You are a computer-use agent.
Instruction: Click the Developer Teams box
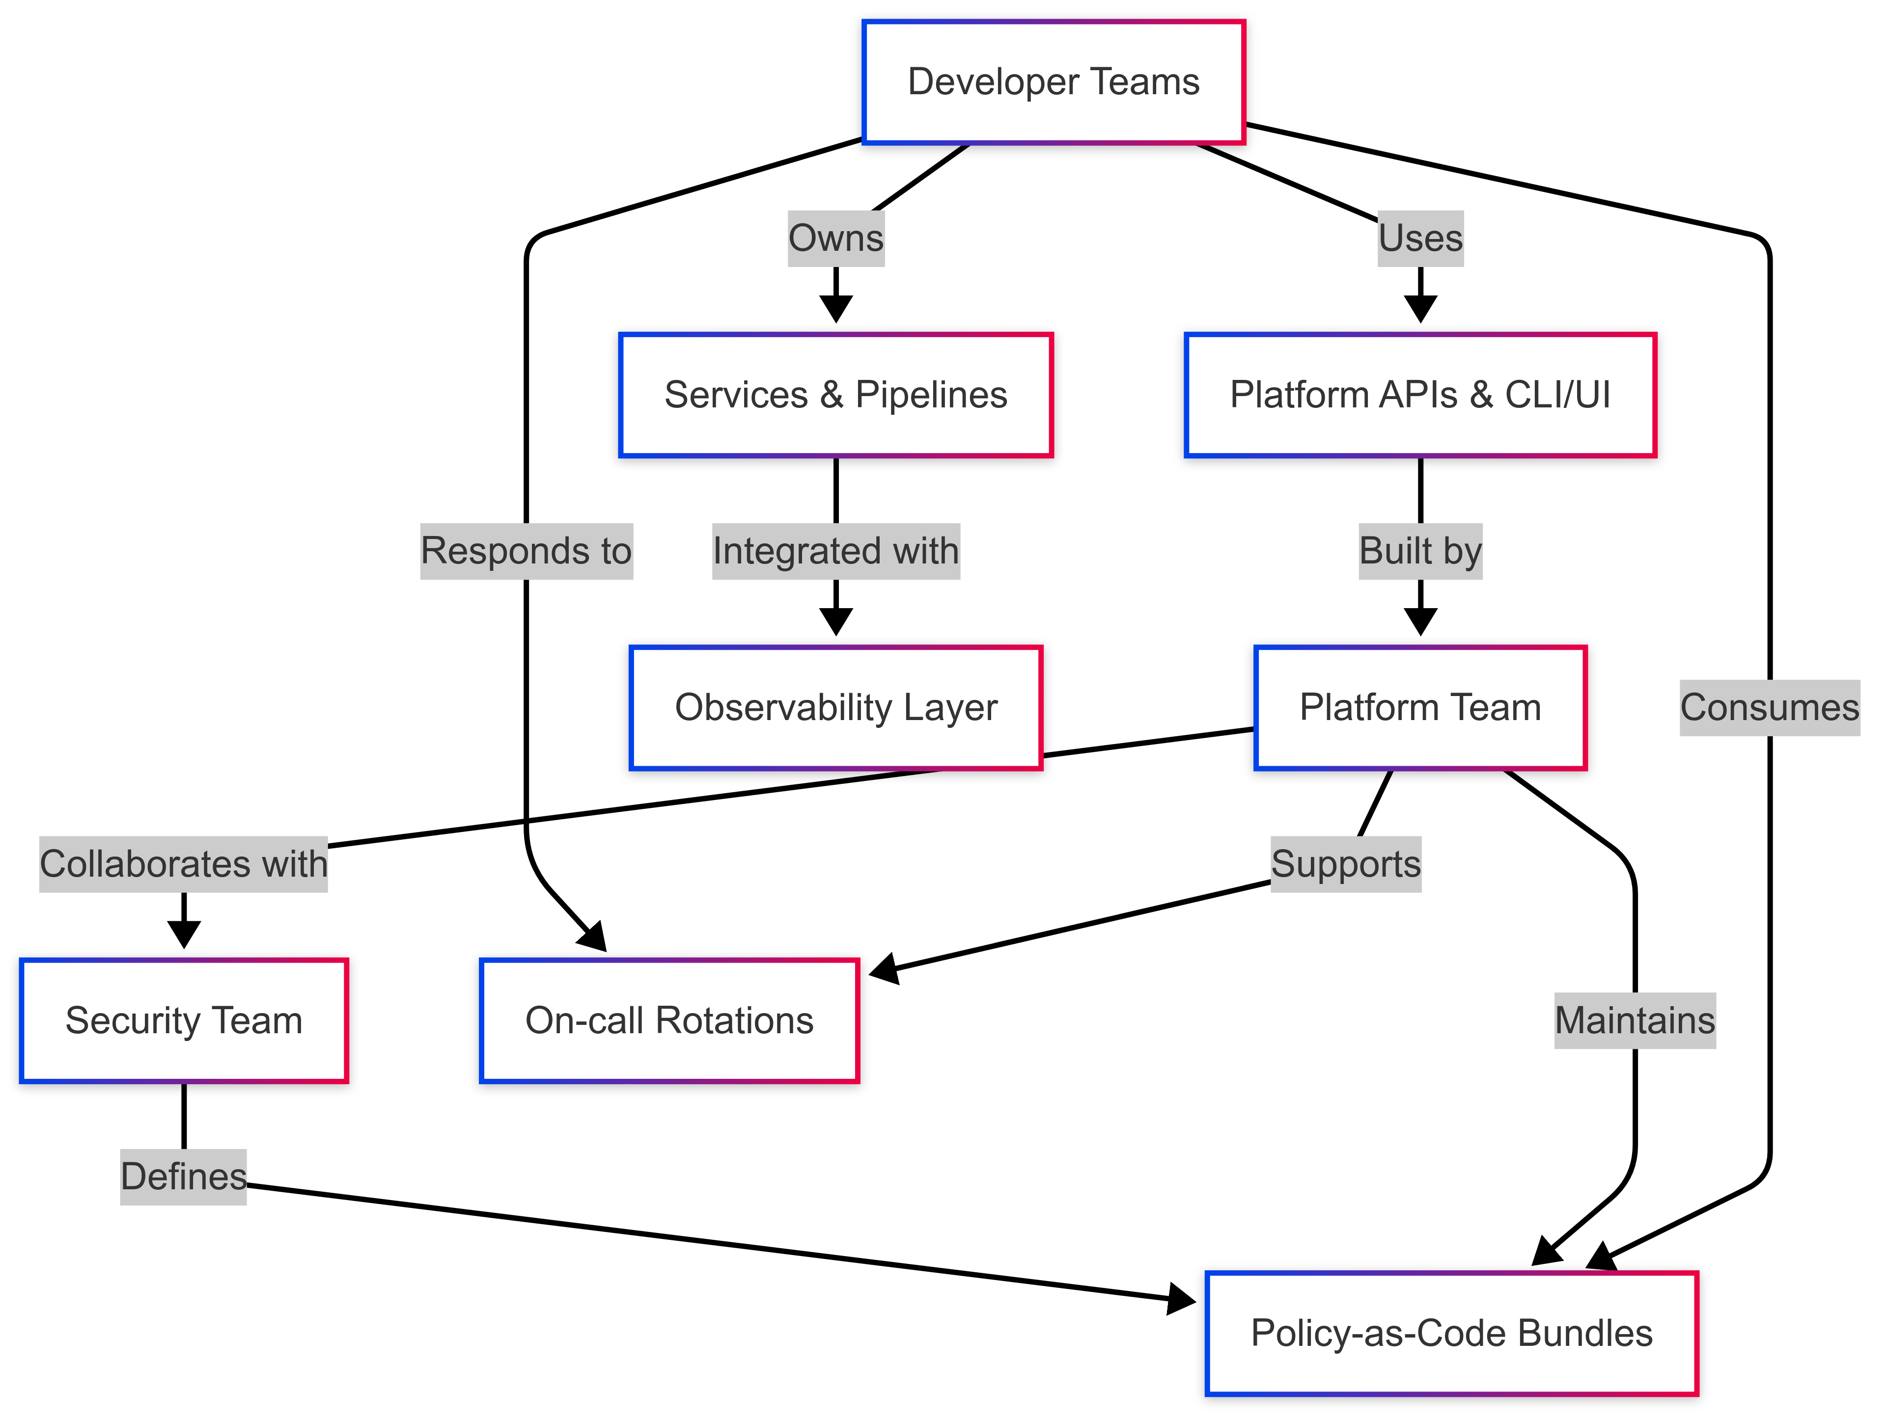coord(1054,82)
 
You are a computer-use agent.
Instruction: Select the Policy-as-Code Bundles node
coord(1451,1334)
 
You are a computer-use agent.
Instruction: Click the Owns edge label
coord(835,239)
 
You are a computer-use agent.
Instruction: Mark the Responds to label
coord(526,551)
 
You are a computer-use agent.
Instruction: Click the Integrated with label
coord(835,551)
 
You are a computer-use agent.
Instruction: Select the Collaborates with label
coord(183,864)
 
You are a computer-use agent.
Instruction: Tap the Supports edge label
coord(1345,864)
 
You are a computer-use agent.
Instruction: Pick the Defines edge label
coord(183,1177)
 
